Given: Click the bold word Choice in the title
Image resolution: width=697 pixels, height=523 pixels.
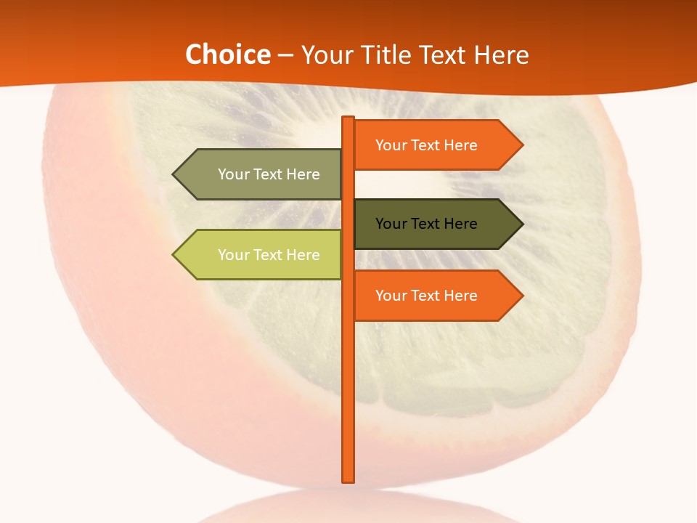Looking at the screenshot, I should point(227,54).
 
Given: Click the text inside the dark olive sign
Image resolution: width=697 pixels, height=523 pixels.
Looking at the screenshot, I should point(426,224).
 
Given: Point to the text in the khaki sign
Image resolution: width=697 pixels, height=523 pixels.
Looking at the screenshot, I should point(269,174).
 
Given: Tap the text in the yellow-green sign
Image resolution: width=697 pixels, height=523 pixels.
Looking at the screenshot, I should point(269,255).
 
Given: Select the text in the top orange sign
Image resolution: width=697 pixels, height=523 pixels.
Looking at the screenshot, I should point(426,145).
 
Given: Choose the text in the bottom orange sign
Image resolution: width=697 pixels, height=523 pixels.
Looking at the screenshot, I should point(426,296).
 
